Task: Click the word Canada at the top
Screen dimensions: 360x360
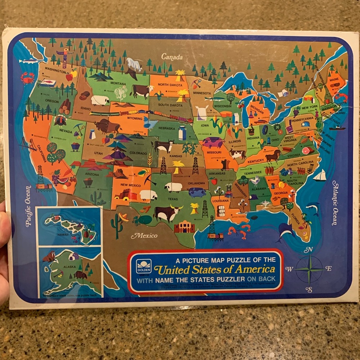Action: pos(172,57)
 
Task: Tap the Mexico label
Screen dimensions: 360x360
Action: pos(144,236)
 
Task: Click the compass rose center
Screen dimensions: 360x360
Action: pos(309,269)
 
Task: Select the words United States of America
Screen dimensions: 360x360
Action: pos(215,269)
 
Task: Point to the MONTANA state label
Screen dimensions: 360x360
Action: pos(111,84)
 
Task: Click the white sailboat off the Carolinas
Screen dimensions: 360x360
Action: pos(319,175)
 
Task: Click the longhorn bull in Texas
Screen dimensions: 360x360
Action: pos(167,213)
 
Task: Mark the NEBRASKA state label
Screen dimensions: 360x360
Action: pos(167,128)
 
